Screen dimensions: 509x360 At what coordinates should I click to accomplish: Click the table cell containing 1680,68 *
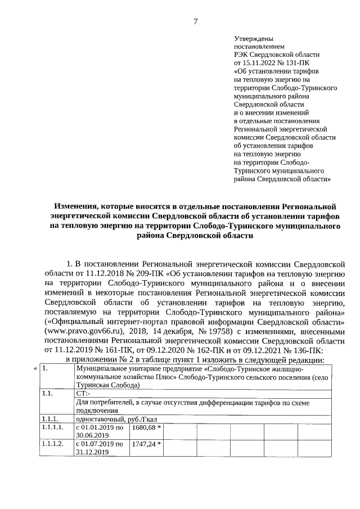[146, 430]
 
